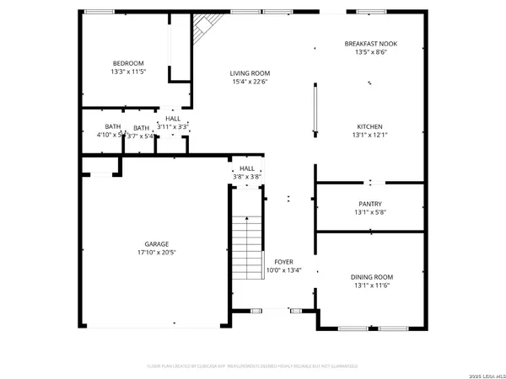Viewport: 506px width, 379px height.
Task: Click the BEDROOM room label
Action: pyautogui.click(x=129, y=63)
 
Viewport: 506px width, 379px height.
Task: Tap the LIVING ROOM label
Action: pyautogui.click(x=250, y=73)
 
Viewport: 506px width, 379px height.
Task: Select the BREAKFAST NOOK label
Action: pyautogui.click(x=371, y=43)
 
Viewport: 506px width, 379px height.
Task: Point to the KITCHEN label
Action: pyautogui.click(x=371, y=126)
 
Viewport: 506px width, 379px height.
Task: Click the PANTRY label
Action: pyautogui.click(x=370, y=204)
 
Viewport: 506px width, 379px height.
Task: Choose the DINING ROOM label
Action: pyautogui.click(x=372, y=276)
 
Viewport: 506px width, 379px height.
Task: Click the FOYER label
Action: pyautogui.click(x=283, y=262)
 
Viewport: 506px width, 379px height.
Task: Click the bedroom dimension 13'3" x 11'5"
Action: pyautogui.click(x=129, y=72)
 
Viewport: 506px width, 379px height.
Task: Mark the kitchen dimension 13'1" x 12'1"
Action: pyautogui.click(x=371, y=136)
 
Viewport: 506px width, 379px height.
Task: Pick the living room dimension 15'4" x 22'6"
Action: pyautogui.click(x=250, y=83)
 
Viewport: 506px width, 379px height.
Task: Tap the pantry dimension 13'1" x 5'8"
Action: pyautogui.click(x=370, y=213)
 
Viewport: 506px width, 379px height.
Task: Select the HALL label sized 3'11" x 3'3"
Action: pyautogui.click(x=173, y=119)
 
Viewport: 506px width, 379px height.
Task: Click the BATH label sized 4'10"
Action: pyautogui.click(x=112, y=127)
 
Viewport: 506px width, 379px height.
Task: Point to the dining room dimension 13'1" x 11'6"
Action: pyautogui.click(x=372, y=286)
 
